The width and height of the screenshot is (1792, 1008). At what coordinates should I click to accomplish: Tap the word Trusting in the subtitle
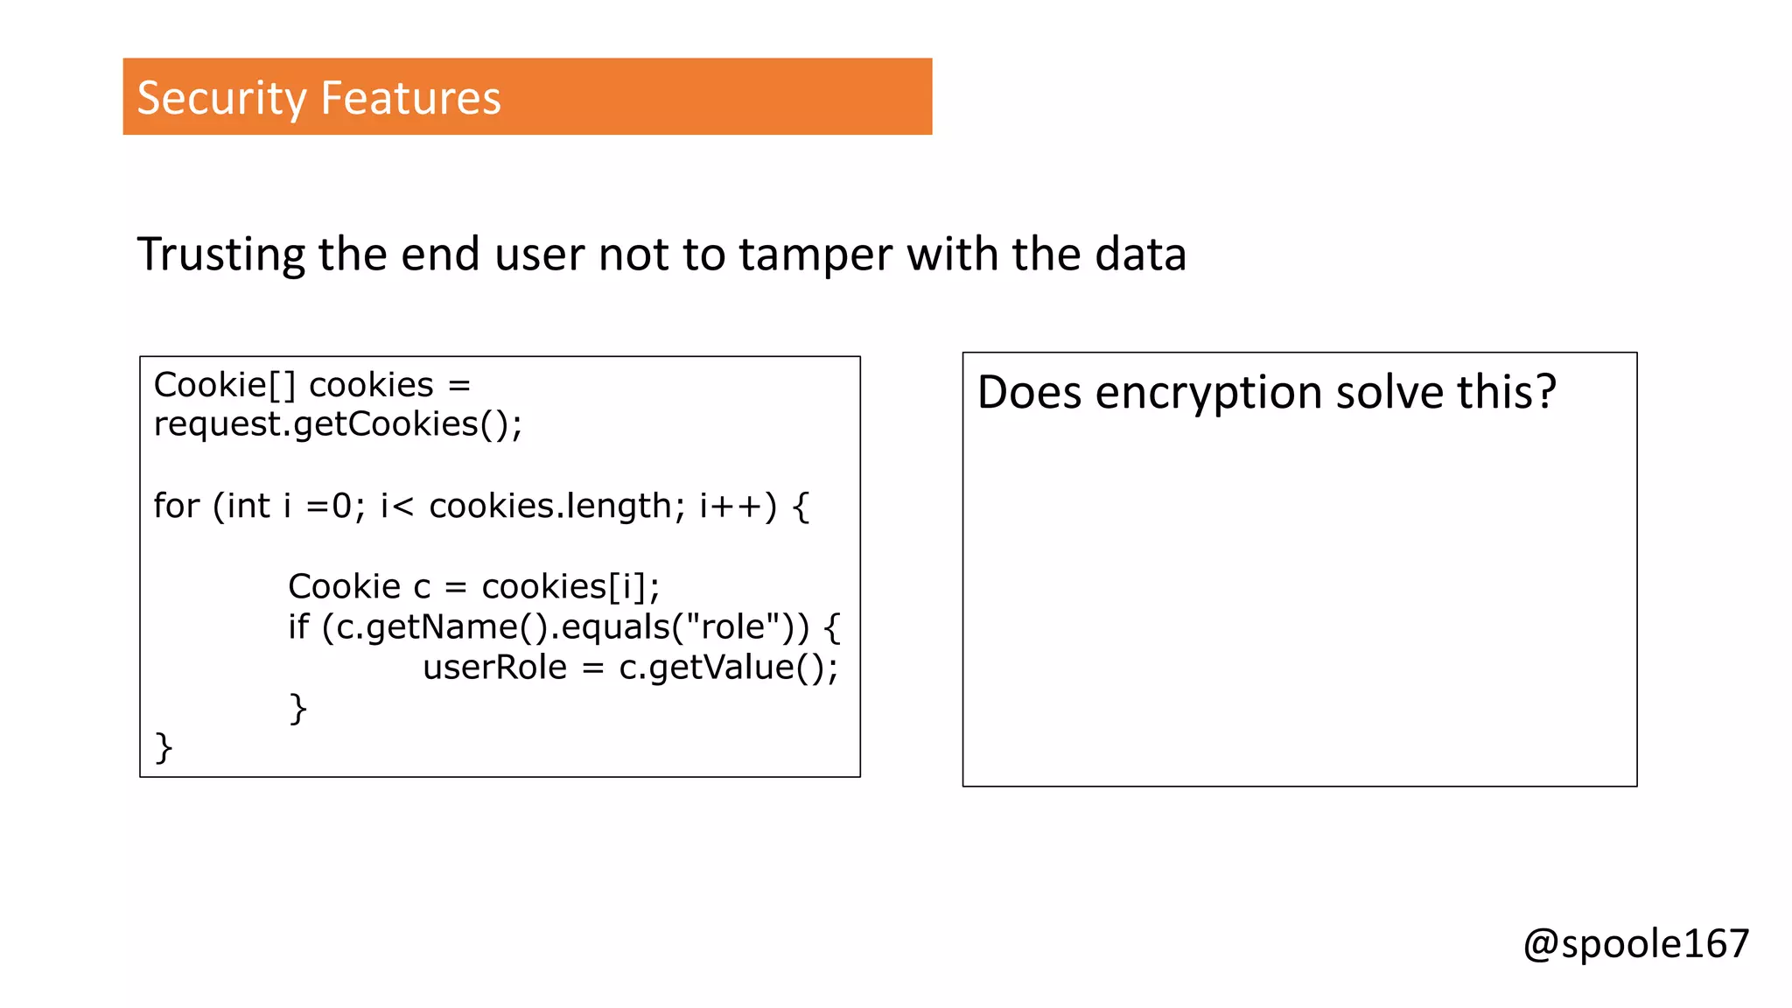pos(220,255)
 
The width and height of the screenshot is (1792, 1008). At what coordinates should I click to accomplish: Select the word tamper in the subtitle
pos(816,255)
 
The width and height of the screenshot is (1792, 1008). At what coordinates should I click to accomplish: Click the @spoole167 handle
pos(1635,944)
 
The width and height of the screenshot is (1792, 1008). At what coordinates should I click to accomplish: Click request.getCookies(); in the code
pos(338,424)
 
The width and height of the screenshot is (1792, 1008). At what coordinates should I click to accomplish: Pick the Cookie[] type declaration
pos(225,385)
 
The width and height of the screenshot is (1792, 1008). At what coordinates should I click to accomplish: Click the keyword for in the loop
pos(176,506)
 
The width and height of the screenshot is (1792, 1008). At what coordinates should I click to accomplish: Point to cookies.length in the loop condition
pos(550,506)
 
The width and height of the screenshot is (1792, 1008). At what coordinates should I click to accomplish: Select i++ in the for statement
pos(730,506)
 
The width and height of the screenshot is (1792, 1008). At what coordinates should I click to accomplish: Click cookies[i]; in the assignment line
pos(570,586)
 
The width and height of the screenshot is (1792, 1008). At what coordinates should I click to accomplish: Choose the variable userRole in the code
pos(495,668)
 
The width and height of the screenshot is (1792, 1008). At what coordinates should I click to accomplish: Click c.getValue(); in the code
pos(728,668)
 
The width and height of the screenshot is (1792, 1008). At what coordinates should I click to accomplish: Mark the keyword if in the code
pos(298,626)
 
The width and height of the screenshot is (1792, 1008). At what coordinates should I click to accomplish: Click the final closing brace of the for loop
pos(164,748)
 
